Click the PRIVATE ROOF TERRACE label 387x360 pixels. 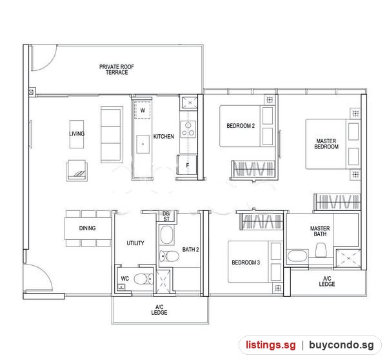pos(117,70)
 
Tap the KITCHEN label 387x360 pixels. pos(163,137)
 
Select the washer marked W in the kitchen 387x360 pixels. pos(143,110)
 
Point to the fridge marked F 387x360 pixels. pos(187,165)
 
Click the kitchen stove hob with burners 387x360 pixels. pos(188,129)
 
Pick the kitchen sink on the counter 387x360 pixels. pos(143,144)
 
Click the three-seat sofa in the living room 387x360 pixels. pos(112,135)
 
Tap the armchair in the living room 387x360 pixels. pos(77,170)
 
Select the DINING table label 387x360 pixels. pos(87,228)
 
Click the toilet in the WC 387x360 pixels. pos(143,279)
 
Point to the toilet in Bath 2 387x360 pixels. pos(169,256)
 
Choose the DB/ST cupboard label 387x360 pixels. pos(166,216)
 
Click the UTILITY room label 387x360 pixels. pos(135,243)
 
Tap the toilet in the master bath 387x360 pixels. pos(321,250)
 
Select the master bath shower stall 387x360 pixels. pos(348,258)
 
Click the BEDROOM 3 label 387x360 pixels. pos(246,263)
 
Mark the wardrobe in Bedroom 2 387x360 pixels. pos(253,169)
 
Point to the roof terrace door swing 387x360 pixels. pos(44,58)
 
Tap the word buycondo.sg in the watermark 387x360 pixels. pos(341,345)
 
